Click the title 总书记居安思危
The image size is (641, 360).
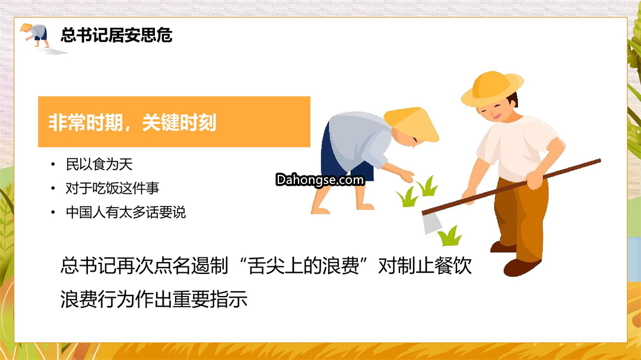(116, 35)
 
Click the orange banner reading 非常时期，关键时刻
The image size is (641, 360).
(174, 122)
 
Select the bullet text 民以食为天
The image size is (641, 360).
(99, 164)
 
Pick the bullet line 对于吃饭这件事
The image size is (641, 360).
(112, 189)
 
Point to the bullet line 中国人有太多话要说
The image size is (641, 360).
(126, 212)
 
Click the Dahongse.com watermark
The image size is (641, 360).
(320, 180)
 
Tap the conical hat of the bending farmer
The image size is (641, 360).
(412, 124)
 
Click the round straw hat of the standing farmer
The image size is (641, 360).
(492, 89)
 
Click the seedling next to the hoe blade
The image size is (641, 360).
(450, 236)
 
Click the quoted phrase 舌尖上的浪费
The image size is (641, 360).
(303, 266)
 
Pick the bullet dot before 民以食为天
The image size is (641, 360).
(53, 165)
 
